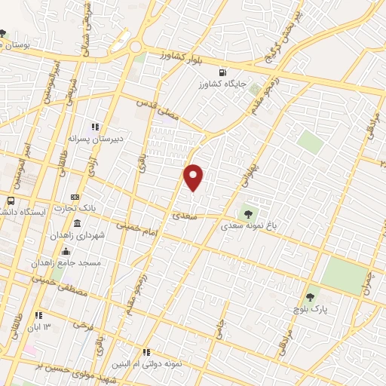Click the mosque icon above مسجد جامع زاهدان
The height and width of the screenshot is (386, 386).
point(66,252)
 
